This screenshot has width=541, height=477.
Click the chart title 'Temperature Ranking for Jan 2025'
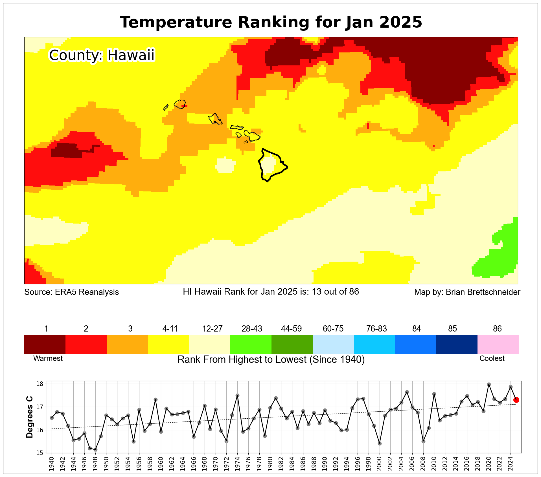coord(271,22)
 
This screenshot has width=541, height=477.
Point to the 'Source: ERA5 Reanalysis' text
coord(71,292)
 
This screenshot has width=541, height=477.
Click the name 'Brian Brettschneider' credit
coord(483,292)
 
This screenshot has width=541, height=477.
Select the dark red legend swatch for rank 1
coord(45,344)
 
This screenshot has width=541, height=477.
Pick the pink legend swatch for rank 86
coord(498,344)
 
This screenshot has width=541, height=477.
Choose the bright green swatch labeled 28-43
coord(251,344)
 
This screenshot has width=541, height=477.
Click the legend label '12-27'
coord(212,329)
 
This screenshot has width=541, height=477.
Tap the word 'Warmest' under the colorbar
coord(48,358)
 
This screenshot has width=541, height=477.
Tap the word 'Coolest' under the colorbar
coord(492,358)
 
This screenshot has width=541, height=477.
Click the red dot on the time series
coord(516,400)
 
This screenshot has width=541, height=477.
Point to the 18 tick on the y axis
coord(40,384)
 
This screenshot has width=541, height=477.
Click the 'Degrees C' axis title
coord(30,417)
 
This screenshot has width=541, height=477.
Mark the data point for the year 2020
coord(489,385)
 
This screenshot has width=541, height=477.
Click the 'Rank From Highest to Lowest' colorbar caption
coord(271,360)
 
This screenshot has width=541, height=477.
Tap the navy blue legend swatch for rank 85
coord(457,344)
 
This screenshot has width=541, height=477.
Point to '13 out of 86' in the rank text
coord(335,291)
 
